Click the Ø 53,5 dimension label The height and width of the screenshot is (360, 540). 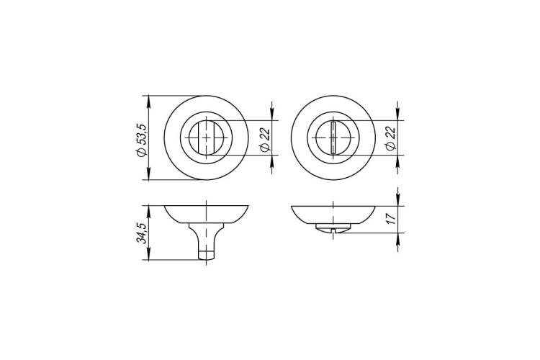(142, 140)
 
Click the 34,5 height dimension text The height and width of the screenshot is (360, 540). (142, 233)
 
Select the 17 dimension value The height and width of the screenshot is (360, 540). (390, 219)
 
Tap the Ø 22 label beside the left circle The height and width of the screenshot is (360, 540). (264, 138)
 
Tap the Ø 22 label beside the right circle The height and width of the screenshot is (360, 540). (390, 138)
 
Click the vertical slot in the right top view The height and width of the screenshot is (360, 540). (333, 138)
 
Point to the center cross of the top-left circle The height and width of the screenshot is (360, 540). (206, 138)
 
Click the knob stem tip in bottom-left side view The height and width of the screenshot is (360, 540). (207, 256)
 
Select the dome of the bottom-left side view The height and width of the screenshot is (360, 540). (207, 215)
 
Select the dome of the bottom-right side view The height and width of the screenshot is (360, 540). (333, 215)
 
